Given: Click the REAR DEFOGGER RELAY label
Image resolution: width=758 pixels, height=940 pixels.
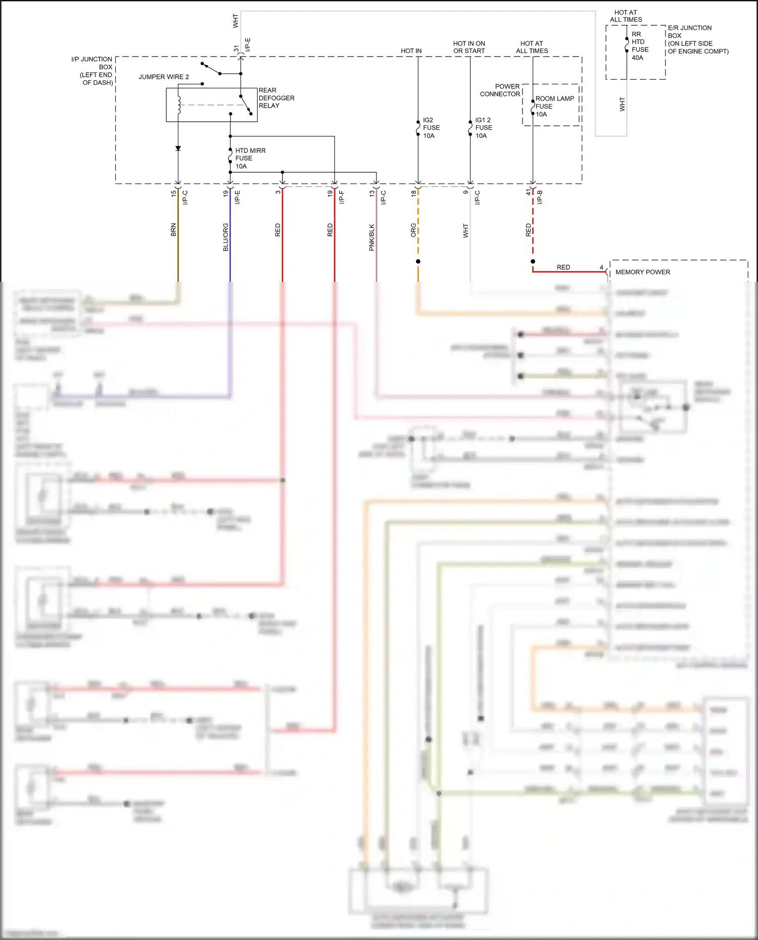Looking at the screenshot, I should [x=276, y=98].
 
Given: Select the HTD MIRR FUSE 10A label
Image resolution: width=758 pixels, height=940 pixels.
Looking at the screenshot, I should [x=250, y=158].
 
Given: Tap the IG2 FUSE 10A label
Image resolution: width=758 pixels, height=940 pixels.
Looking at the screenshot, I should [x=431, y=128].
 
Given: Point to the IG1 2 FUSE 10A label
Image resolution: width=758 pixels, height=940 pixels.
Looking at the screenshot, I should [x=483, y=128].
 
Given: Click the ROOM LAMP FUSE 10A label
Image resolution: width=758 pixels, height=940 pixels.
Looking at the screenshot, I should [x=554, y=106].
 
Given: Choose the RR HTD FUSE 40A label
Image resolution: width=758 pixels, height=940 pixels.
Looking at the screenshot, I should [x=639, y=46].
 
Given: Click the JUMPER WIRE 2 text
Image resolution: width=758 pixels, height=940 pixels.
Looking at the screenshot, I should [x=164, y=77].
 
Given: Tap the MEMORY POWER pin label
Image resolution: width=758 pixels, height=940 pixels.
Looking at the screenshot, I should [x=642, y=272].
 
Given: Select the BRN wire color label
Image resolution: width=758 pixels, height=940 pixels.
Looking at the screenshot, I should [x=173, y=230].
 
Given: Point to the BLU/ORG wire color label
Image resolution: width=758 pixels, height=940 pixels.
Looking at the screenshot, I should [x=225, y=237].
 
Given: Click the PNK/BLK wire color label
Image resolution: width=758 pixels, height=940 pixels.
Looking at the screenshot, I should [x=371, y=237].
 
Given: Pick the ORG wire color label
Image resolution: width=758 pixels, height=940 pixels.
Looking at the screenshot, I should [x=413, y=230].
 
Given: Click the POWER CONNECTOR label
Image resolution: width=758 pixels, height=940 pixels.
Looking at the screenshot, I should [x=500, y=90].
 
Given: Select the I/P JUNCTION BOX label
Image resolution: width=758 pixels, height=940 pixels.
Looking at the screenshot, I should [x=93, y=71].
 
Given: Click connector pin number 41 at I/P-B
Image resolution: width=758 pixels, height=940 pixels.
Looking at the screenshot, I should [x=529, y=192].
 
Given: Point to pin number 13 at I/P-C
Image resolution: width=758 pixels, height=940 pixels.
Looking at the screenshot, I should [x=372, y=193].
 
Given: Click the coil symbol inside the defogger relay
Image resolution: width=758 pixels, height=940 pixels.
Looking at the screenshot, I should [x=178, y=105].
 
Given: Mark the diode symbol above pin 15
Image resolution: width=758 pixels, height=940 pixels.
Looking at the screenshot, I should [x=178, y=149].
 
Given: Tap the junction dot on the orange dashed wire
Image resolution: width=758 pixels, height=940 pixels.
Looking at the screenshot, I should [x=418, y=261].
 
